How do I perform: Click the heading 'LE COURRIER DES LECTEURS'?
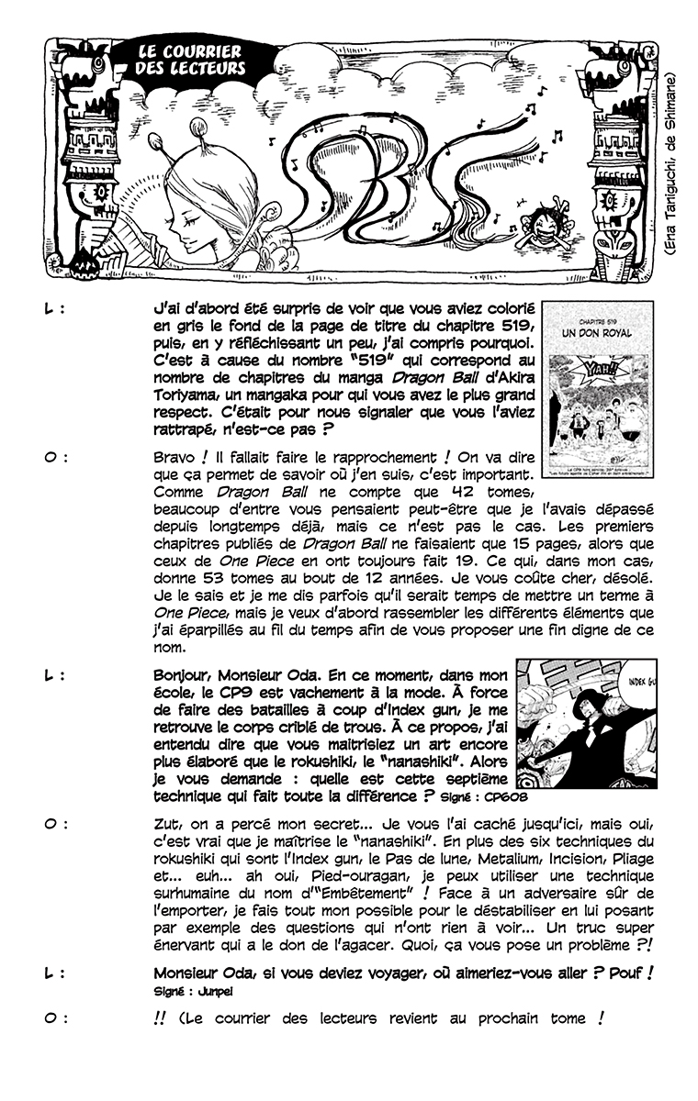(x=189, y=59)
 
